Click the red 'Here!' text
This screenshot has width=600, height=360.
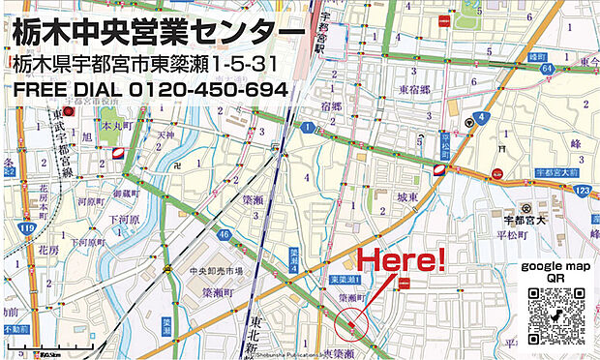[402, 258]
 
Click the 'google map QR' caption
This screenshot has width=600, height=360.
[555, 271]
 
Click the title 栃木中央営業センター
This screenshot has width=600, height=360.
[154, 33]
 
